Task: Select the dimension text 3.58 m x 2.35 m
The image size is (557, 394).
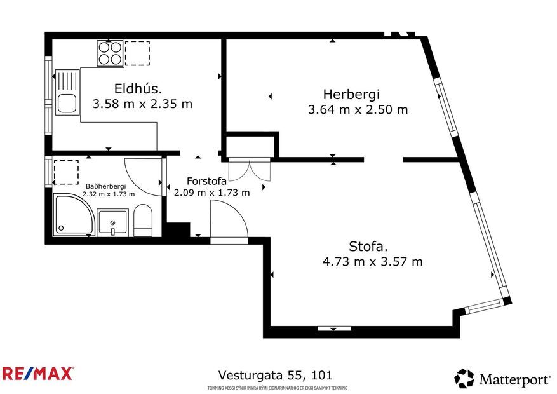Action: [x=142, y=104]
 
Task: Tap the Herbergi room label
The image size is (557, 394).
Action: [x=351, y=93]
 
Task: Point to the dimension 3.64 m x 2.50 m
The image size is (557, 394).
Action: [x=358, y=109]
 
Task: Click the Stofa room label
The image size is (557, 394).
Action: [x=368, y=246]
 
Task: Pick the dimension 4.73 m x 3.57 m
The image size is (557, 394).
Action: [x=373, y=261]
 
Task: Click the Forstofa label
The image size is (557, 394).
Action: [x=206, y=180]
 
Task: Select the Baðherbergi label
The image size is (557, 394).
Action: [x=105, y=186]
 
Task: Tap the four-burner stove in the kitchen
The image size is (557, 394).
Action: [x=110, y=53]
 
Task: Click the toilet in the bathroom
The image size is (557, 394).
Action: [x=143, y=221]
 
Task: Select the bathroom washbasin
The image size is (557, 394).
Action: [x=113, y=223]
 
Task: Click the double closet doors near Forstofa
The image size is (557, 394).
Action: [x=250, y=170]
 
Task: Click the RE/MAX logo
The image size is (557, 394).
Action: [x=38, y=373]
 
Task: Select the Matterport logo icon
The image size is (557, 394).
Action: [x=464, y=379]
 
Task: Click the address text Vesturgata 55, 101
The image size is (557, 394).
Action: [x=275, y=376]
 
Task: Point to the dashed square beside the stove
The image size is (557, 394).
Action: [x=137, y=53]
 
